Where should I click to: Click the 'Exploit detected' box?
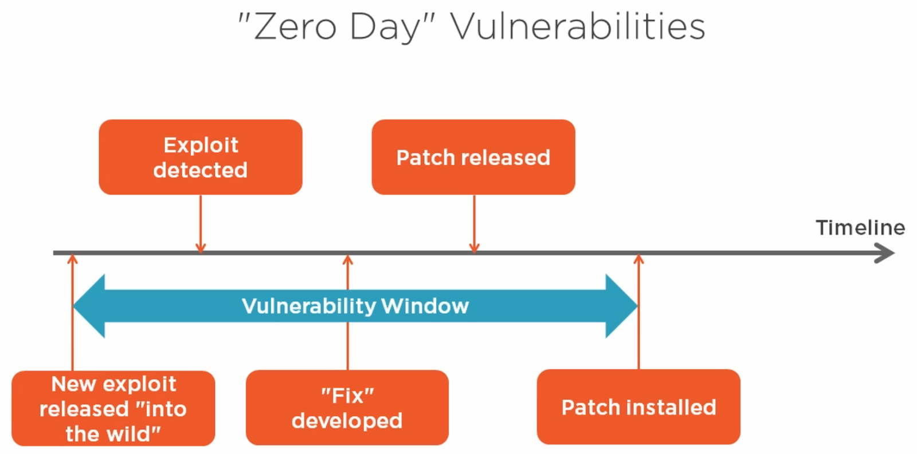coord(201,157)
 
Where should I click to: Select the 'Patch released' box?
coord(473,157)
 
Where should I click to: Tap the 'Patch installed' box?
coord(638,407)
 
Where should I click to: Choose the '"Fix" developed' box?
coord(347,408)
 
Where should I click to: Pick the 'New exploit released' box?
coord(113,408)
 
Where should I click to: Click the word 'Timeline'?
coord(860,227)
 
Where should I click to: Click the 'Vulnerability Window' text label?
coord(355,306)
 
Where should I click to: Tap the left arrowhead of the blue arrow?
coord(89,306)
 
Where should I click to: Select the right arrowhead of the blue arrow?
coord(621,306)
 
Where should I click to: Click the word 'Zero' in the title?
coord(295,26)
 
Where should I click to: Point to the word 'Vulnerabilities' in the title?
coord(578,26)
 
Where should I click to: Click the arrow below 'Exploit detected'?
coord(201,224)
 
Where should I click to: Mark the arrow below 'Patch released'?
coord(474,224)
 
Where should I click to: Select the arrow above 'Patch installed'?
coord(638,311)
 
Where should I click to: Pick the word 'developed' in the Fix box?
coord(347,421)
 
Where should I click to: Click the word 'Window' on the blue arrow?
coord(425,306)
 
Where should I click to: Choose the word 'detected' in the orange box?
coord(201,169)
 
